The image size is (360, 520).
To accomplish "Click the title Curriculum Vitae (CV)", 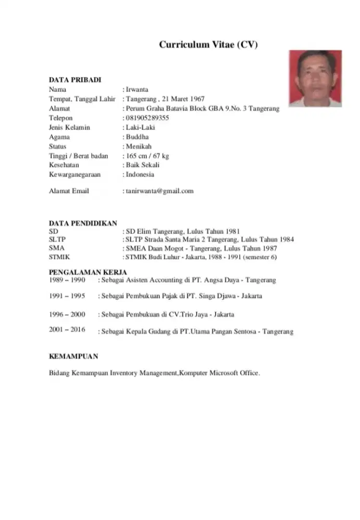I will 208,45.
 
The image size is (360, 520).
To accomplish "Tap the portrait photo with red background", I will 315,79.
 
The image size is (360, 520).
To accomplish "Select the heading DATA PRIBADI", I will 75,80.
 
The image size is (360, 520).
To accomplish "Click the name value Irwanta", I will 137,89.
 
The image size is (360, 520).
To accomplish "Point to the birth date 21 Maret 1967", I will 183,99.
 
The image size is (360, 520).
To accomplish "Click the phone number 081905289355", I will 148,118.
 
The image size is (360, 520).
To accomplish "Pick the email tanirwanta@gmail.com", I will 159,191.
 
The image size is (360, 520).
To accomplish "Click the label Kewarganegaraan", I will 74,174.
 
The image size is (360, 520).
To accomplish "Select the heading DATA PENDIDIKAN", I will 83,223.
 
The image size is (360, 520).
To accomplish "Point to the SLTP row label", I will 57,240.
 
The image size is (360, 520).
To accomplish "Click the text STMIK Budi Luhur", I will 150,257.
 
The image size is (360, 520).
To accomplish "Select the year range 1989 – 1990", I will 67,280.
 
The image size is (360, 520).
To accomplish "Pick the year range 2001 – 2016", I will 67,330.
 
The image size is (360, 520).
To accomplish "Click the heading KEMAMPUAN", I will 73,357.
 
